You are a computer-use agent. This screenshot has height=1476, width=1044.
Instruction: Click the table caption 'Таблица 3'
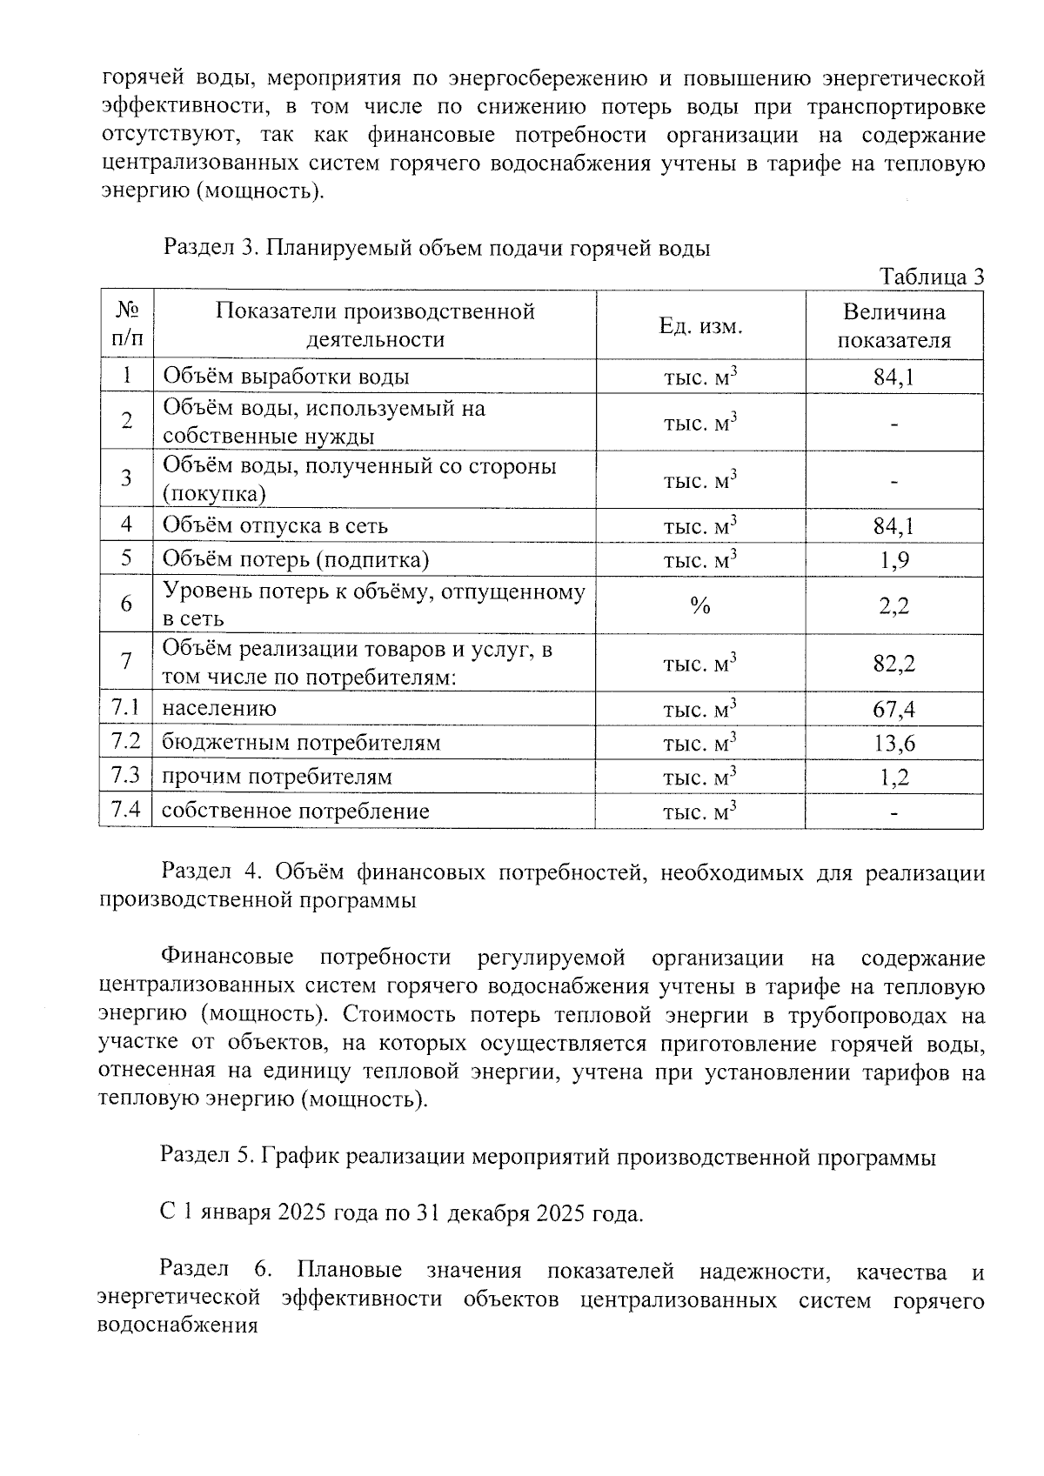(x=932, y=277)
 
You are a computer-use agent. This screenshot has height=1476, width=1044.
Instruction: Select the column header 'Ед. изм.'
(x=700, y=326)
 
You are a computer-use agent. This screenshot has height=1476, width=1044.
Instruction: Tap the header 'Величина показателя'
(x=893, y=326)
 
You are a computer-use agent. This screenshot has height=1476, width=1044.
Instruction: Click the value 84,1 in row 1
(x=893, y=377)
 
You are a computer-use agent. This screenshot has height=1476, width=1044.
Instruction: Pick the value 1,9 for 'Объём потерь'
(x=893, y=560)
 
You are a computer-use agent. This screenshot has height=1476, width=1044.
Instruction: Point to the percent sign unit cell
(x=700, y=606)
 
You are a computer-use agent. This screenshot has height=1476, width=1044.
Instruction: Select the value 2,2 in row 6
(x=893, y=606)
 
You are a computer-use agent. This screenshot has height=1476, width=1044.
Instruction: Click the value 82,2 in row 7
(x=893, y=665)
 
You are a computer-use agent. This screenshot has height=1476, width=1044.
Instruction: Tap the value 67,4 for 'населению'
(x=893, y=710)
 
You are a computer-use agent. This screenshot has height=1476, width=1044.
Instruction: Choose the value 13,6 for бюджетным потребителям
(x=893, y=744)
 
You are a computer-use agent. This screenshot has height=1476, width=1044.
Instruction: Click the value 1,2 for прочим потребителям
(x=893, y=778)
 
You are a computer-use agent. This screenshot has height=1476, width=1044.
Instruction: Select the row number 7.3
(x=126, y=776)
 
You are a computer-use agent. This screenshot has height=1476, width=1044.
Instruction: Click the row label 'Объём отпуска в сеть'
(x=275, y=526)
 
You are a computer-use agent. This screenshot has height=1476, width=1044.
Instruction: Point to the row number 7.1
(x=126, y=708)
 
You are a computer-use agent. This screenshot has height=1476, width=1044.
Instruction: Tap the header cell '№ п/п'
(x=127, y=325)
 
